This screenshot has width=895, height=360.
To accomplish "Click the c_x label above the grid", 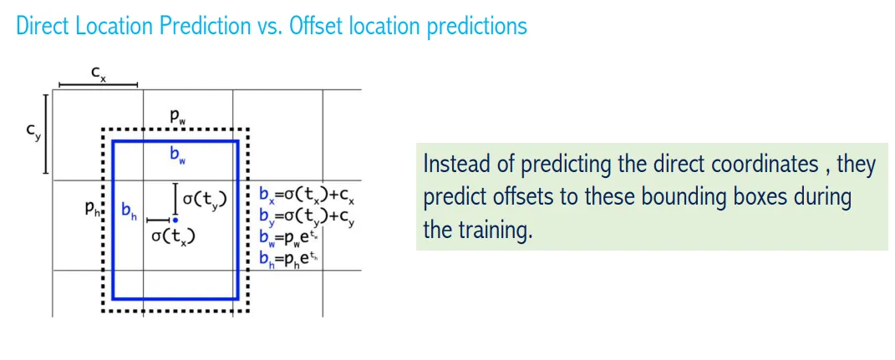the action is point(99,74).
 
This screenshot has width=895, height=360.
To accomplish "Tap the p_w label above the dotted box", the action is point(177,118).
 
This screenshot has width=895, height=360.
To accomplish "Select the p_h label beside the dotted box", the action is point(92,209).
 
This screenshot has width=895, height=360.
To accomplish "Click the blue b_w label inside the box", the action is point(177,156).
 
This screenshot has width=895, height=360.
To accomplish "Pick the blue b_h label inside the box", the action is point(130,210).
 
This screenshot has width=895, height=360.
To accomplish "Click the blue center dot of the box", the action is point(175,220).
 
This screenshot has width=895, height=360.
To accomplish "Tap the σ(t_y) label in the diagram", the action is point(205,199).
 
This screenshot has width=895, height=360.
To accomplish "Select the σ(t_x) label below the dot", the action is point(174,236).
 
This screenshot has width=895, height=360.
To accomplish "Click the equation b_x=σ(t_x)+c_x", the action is point(308,195).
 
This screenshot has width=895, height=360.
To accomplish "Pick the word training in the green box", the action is point(494,231).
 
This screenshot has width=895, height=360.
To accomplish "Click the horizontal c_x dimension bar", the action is point(98,85).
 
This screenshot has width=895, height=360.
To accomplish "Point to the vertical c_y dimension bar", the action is point(46,134).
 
